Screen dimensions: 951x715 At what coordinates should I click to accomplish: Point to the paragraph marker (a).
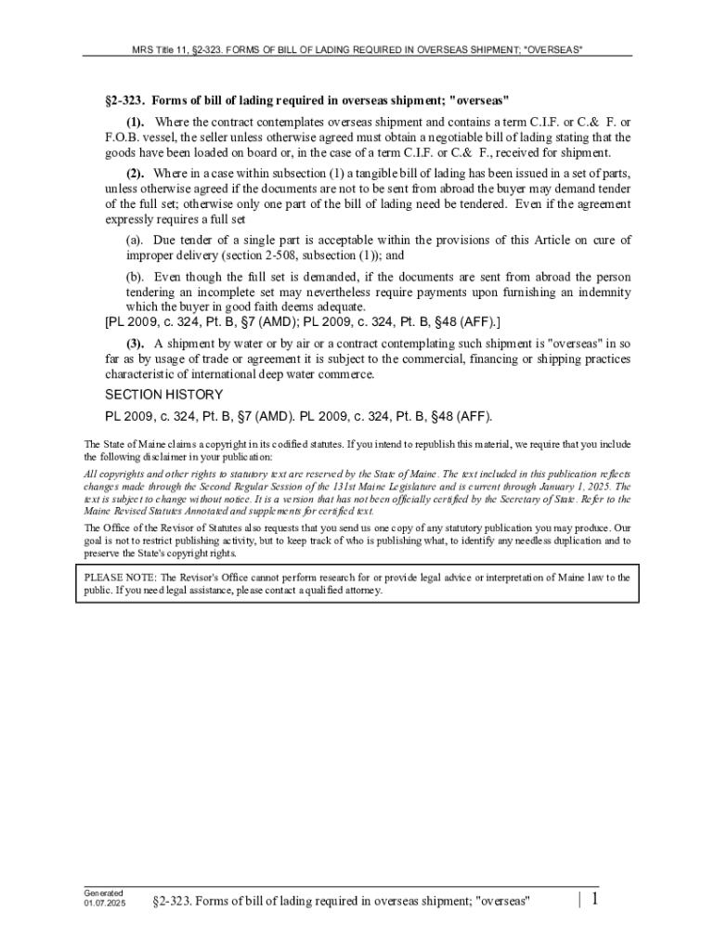pos(136,241)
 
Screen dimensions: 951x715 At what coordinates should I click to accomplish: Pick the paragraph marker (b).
pos(136,277)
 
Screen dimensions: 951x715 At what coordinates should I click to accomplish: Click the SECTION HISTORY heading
pos(163,395)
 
